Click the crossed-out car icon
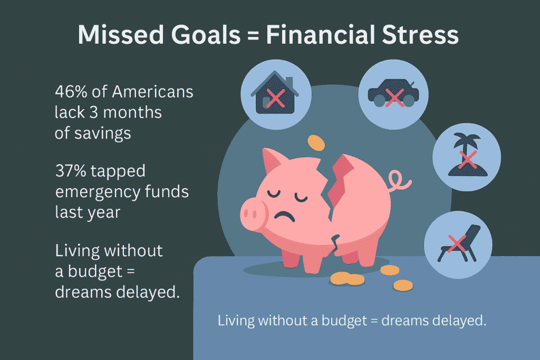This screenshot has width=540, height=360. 392,94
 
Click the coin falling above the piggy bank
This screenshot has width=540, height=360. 316,142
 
